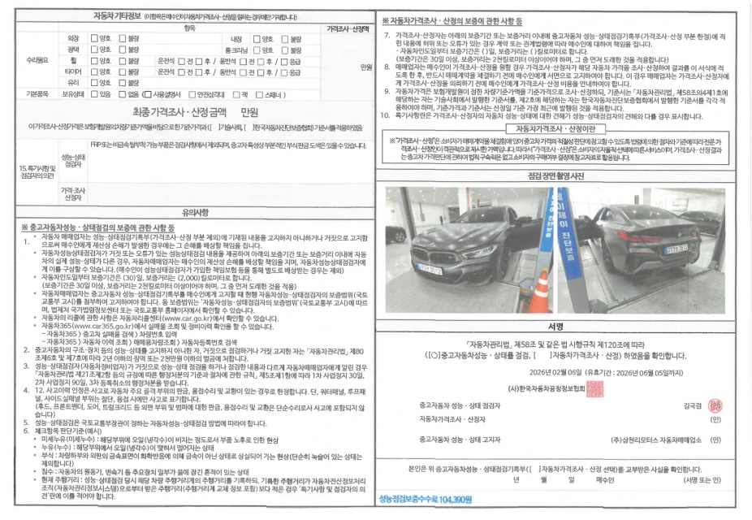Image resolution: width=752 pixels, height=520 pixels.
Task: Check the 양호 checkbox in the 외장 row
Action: tap(94, 38)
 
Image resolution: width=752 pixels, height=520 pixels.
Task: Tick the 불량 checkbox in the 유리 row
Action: tap(121, 82)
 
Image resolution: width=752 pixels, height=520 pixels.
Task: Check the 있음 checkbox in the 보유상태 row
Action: tap(93, 93)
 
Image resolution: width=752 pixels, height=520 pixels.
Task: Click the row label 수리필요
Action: tap(39, 60)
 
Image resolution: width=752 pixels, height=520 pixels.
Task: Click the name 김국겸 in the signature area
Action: tap(693, 404)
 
